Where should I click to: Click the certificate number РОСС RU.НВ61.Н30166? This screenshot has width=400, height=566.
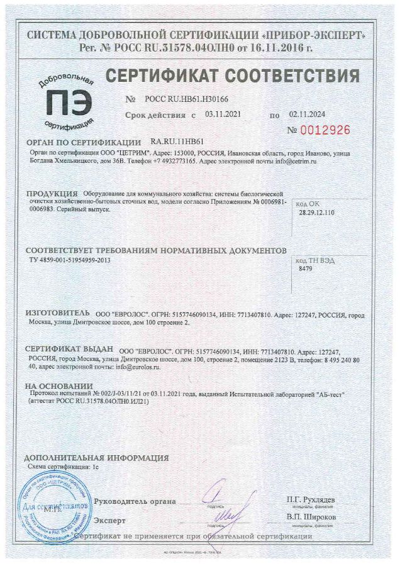click(179, 99)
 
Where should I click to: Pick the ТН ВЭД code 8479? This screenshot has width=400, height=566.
click(306, 268)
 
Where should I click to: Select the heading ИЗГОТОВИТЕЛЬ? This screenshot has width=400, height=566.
click(58, 312)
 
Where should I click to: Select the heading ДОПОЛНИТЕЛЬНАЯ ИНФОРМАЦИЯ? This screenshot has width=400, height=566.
click(96, 458)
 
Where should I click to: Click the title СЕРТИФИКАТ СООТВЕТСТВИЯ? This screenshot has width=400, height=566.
click(233, 75)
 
